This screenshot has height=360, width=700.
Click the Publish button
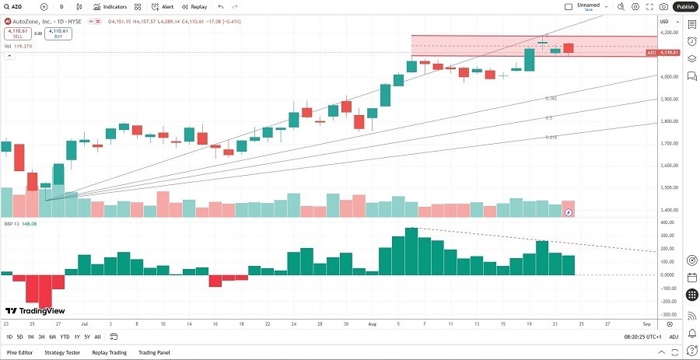(x=684, y=6)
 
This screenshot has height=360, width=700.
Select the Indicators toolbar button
(x=110, y=6)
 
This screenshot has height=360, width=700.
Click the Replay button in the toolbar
(x=194, y=6)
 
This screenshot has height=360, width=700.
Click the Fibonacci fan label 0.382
(x=551, y=99)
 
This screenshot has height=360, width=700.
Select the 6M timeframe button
(x=52, y=337)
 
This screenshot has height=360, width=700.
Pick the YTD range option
(x=65, y=337)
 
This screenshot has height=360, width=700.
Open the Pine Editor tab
(x=19, y=352)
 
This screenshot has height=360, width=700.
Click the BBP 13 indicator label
(x=11, y=224)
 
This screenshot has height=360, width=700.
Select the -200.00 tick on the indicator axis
(x=668, y=301)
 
